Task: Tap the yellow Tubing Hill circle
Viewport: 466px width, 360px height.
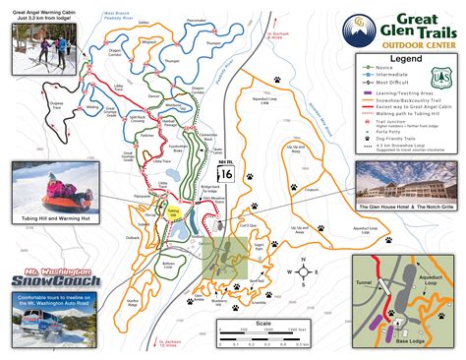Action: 173,211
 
